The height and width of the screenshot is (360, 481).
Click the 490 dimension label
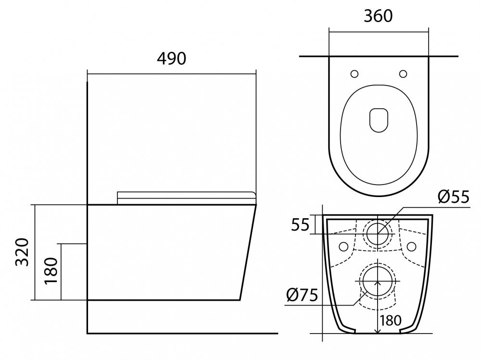pyautogui.click(x=172, y=59)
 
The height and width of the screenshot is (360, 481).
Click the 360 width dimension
pyautogui.click(x=378, y=16)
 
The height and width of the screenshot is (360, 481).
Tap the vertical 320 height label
pyautogui.click(x=22, y=252)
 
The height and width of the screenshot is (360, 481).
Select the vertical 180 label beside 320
pyautogui.click(x=51, y=271)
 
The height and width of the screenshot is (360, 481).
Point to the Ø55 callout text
pyautogui.click(x=454, y=197)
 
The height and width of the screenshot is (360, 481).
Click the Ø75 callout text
pyautogui.click(x=302, y=295)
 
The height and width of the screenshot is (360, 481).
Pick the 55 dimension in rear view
pyautogui.click(x=300, y=225)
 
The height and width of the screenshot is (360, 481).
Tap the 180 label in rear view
pyautogui.click(x=391, y=321)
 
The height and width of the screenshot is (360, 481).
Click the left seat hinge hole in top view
pyautogui.click(x=354, y=74)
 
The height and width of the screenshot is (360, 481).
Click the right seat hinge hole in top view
pyautogui.click(x=403, y=74)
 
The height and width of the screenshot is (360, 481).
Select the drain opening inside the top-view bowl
pyautogui.click(x=379, y=120)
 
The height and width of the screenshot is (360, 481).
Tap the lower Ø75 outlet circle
pyautogui.click(x=378, y=281)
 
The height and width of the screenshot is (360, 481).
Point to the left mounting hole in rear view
pyautogui.click(x=343, y=246)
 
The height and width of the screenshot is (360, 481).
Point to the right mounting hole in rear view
pyautogui.click(x=411, y=246)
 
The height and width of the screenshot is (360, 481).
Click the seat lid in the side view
pyautogui.click(x=187, y=198)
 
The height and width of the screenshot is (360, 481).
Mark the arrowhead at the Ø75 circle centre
pyautogui.click(x=378, y=283)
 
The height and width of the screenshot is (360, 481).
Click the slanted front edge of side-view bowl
pyautogui.click(x=248, y=252)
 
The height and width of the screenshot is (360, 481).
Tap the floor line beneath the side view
pyautogui.click(x=182, y=333)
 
